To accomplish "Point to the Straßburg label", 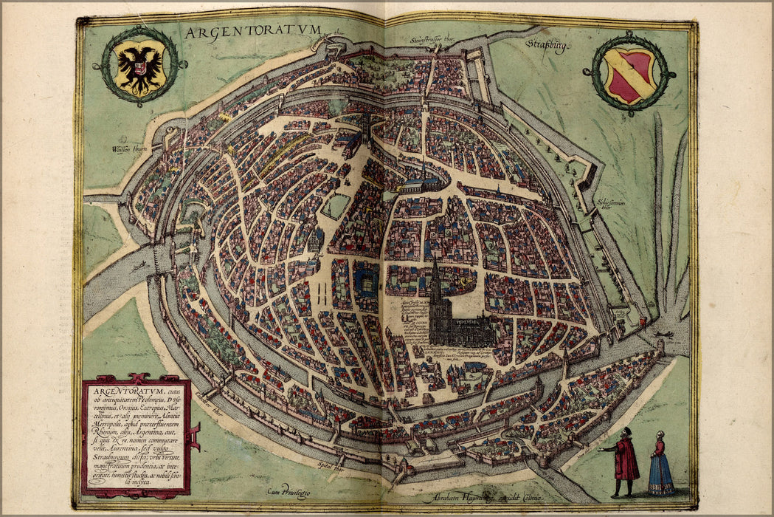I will point(547,47).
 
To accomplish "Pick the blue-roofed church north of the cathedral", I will point(423,185).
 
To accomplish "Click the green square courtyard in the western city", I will point(336,206).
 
